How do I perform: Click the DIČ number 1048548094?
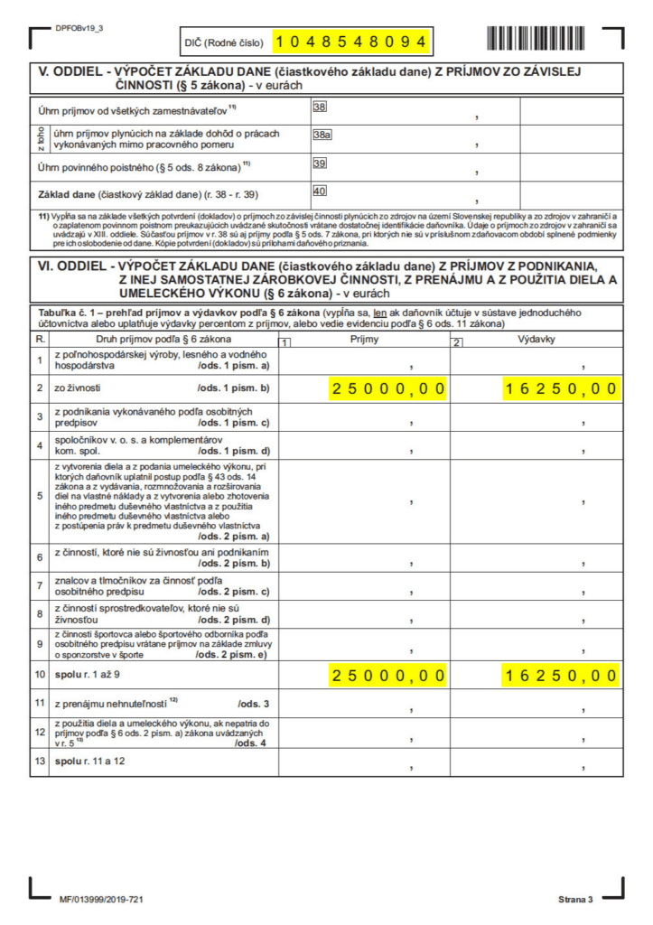click(x=350, y=42)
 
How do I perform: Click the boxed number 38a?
click(x=322, y=135)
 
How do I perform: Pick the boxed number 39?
click(x=319, y=164)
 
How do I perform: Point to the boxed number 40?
click(x=319, y=192)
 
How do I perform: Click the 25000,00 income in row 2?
click(x=388, y=389)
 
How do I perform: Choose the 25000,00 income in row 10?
click(x=388, y=675)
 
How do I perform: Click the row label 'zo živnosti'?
click(x=79, y=389)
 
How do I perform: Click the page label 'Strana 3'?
click(x=574, y=900)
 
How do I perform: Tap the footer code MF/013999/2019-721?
click(x=99, y=900)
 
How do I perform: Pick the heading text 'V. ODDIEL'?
click(x=70, y=71)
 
